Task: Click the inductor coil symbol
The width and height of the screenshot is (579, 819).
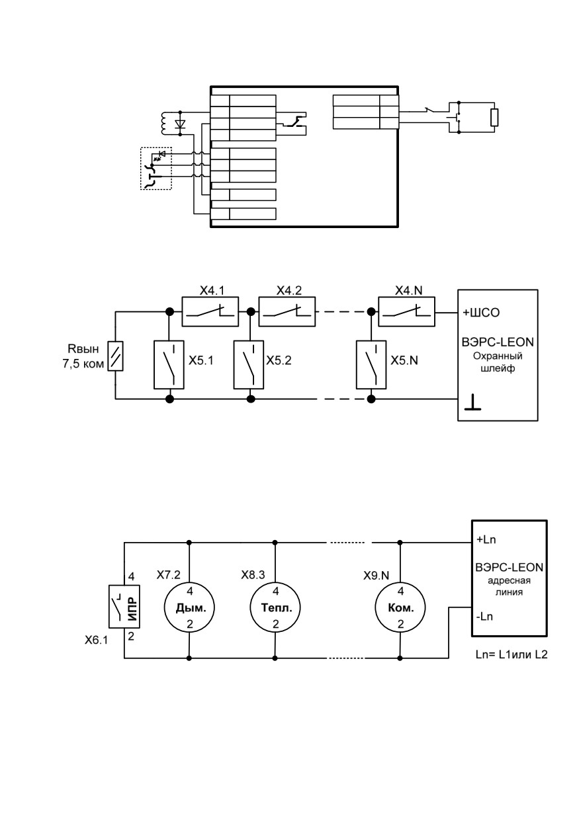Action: (x=163, y=123)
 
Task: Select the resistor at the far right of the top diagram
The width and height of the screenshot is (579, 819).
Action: (x=494, y=118)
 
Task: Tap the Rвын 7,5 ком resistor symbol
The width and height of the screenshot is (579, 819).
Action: (x=115, y=356)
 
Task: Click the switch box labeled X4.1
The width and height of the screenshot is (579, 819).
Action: (x=210, y=311)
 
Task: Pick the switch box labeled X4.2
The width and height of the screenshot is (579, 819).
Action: (x=287, y=311)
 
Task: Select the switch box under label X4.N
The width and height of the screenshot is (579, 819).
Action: (x=406, y=311)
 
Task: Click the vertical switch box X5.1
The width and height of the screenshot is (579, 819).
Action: (x=169, y=364)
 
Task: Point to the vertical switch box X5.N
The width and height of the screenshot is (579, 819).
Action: (x=371, y=364)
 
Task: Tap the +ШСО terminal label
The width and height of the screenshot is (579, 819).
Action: (x=481, y=313)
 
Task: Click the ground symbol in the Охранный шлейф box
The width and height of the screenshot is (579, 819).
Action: (x=472, y=402)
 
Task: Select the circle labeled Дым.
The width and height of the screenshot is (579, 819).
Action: (x=189, y=607)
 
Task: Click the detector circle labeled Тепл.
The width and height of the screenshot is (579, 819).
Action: (x=275, y=607)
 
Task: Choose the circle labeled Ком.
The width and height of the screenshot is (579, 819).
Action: (x=400, y=607)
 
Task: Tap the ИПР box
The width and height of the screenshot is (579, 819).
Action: (x=124, y=607)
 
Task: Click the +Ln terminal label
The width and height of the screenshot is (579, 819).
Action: (x=486, y=539)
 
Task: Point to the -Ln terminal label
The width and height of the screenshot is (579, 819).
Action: (x=484, y=617)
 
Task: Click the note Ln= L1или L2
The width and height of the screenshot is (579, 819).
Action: (x=512, y=654)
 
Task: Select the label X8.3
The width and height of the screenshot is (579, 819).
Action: (x=253, y=575)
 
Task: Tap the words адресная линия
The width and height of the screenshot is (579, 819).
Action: (x=509, y=586)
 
